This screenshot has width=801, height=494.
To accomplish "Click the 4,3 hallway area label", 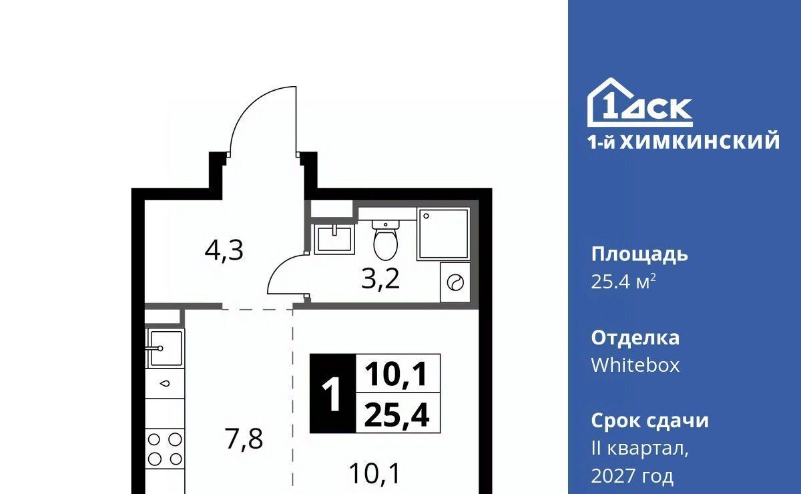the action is coord(224,251).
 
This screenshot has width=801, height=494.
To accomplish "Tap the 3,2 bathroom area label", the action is coord(380,279).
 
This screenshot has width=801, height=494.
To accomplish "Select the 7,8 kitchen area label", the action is coord(244,439).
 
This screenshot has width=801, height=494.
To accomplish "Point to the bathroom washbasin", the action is coord(334,239).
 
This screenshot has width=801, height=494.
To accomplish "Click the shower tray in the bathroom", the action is coord(443,234).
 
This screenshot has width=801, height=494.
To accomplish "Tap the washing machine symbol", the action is coord(455,282).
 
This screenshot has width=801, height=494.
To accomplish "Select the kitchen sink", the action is coord(165,348).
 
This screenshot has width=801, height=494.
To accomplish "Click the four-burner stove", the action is coord(164,449).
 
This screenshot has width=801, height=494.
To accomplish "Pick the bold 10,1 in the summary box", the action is coord(396,374).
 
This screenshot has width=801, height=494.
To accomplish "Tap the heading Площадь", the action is coord(639,255).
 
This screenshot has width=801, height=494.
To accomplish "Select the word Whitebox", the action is coord(635,365).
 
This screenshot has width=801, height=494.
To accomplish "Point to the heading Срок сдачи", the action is coord(649,421).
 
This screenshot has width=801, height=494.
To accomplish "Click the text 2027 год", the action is coord(632,476).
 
